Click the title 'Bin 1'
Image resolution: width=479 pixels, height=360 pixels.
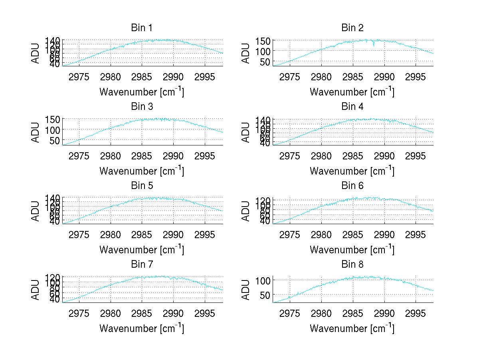[x=141, y=28]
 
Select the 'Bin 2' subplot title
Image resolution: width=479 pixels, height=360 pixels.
[x=352, y=28]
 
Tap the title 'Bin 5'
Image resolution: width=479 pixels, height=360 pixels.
[x=141, y=186]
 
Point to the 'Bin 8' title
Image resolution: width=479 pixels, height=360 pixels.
[x=352, y=265]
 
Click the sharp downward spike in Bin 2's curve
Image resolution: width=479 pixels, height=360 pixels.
[x=374, y=46]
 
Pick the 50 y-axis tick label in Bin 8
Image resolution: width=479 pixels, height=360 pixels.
[x=266, y=294]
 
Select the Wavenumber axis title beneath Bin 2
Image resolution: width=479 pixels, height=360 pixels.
[x=352, y=92]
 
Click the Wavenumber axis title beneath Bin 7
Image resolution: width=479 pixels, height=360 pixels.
[x=141, y=328]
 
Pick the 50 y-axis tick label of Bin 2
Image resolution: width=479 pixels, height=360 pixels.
[x=266, y=61]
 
